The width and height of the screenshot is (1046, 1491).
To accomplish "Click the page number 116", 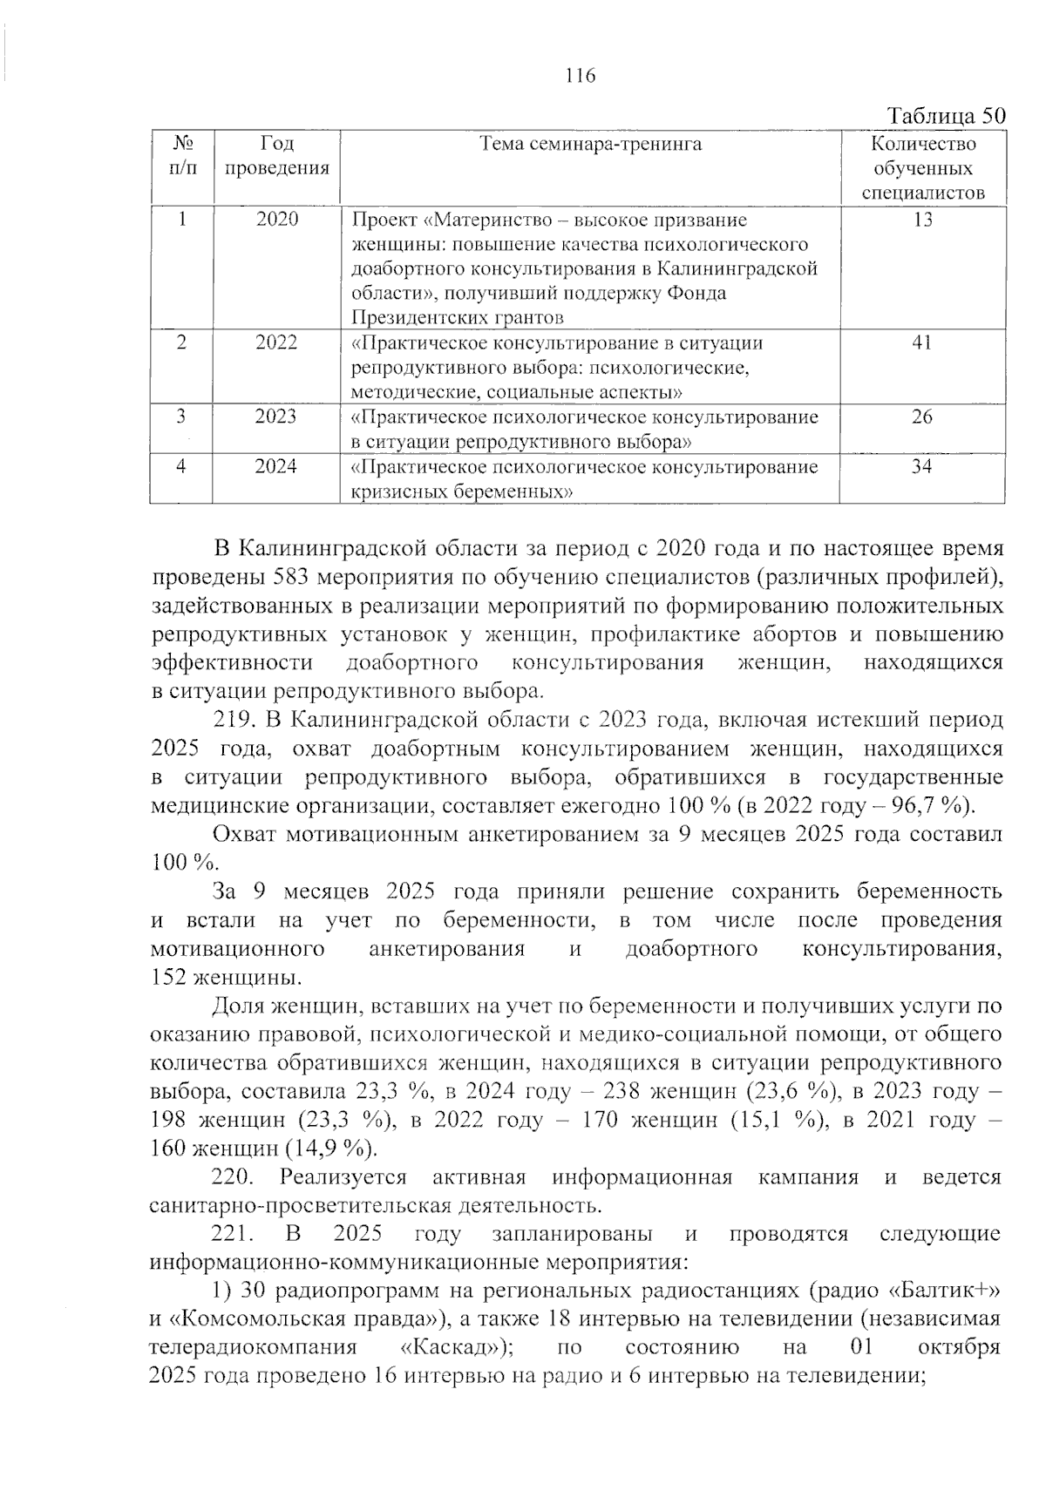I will [x=580, y=76].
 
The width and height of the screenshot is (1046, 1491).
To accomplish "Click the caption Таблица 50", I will [x=945, y=116].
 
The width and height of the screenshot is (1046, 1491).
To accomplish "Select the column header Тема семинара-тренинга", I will [x=590, y=144].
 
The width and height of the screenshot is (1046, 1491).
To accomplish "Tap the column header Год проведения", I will [x=276, y=156].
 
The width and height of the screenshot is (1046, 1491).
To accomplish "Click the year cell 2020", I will [x=276, y=220].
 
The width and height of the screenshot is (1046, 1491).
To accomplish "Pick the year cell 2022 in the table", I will [x=276, y=342].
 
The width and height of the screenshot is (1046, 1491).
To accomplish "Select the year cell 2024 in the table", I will [x=276, y=467].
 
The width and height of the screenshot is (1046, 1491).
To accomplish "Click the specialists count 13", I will [x=922, y=220].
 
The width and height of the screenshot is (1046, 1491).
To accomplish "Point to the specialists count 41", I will [x=922, y=342].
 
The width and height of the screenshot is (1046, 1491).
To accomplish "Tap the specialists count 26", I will [x=922, y=417].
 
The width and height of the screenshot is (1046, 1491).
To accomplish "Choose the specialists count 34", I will [x=922, y=467].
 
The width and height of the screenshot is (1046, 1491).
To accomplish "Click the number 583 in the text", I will [x=292, y=577].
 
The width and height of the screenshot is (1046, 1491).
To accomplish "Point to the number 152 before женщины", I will [x=169, y=977].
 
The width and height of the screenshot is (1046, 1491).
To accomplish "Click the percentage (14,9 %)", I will [x=330, y=1148].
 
